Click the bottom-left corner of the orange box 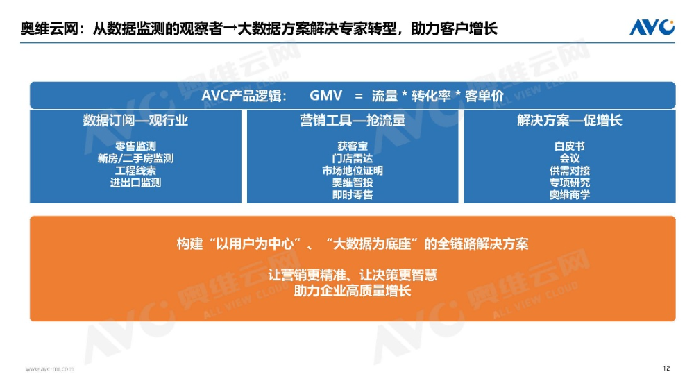click(30, 321)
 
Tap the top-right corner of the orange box click(676, 216)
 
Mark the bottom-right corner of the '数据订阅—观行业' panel click(242, 203)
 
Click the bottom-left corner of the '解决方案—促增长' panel click(464, 203)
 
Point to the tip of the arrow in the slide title click(237, 29)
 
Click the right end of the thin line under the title click(675, 43)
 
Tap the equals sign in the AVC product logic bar click(359, 96)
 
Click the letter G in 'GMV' click(314, 96)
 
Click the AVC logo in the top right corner click(652, 27)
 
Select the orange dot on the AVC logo click(671, 23)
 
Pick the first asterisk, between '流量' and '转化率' click(405, 95)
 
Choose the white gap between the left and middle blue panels click(244, 156)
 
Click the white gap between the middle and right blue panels click(462, 156)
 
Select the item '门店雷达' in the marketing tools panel click(353, 158)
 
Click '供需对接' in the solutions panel click(570, 171)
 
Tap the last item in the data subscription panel click(135, 183)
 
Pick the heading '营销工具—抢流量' click(353, 121)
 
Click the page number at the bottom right click(666, 368)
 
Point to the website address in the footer click(49, 368)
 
